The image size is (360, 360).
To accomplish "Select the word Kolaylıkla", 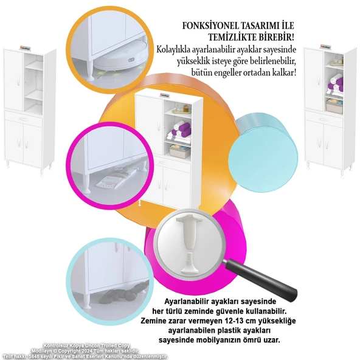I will click(x=176, y=49).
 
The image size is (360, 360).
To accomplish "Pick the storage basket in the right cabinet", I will click(x=333, y=105).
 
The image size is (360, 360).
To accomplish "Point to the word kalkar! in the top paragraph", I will click(x=282, y=72).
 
